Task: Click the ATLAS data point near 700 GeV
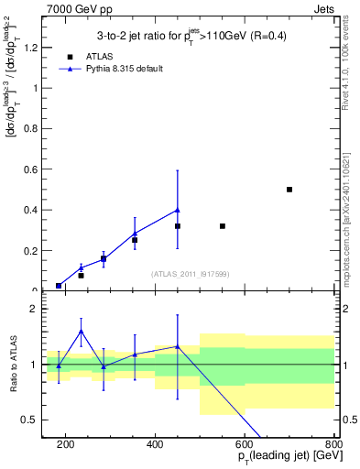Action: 289,190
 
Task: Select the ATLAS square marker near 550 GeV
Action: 223,225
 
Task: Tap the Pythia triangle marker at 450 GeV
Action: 178,210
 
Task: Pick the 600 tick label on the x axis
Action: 245,446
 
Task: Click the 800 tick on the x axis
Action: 333,446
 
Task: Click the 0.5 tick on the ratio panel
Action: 34,420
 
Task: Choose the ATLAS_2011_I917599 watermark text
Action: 188,274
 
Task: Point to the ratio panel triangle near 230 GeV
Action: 81,332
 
